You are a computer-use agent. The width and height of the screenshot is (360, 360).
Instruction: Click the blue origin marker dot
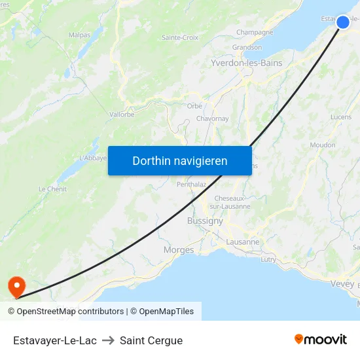pyautogui.click(x=343, y=22)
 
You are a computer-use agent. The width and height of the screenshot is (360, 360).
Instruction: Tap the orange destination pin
pyautogui.click(x=15, y=285)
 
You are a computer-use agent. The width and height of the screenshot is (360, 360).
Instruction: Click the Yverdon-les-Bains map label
pyautogui.click(x=246, y=63)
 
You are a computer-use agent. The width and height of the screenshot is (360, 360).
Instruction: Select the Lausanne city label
pyautogui.click(x=242, y=242)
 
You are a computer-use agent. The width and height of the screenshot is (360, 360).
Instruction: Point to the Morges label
pyautogui.click(x=179, y=250)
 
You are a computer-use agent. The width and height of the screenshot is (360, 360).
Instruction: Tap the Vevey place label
pyautogui.click(x=342, y=283)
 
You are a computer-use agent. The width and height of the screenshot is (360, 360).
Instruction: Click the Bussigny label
pyautogui.click(x=205, y=221)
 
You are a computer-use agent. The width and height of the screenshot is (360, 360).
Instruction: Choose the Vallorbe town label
pyautogui.click(x=122, y=114)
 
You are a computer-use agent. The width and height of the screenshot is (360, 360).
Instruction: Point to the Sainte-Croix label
pyautogui.click(x=180, y=38)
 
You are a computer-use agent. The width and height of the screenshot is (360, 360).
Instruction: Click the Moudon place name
pyautogui.click(x=323, y=145)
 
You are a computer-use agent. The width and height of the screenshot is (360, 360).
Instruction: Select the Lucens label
pyautogui.click(x=341, y=117)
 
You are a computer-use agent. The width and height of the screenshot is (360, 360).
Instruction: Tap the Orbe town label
pyautogui.click(x=194, y=105)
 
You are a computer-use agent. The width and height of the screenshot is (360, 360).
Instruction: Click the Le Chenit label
pyautogui.click(x=52, y=189)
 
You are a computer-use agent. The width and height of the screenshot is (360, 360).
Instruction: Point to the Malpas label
pyautogui.click(x=79, y=35)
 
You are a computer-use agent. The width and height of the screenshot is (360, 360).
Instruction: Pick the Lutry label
pyautogui.click(x=268, y=259)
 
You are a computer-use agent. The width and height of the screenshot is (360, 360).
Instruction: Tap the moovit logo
pyautogui.click(x=321, y=339)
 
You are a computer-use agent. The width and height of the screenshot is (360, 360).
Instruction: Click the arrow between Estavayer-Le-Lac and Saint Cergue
pyautogui.click(x=108, y=340)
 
